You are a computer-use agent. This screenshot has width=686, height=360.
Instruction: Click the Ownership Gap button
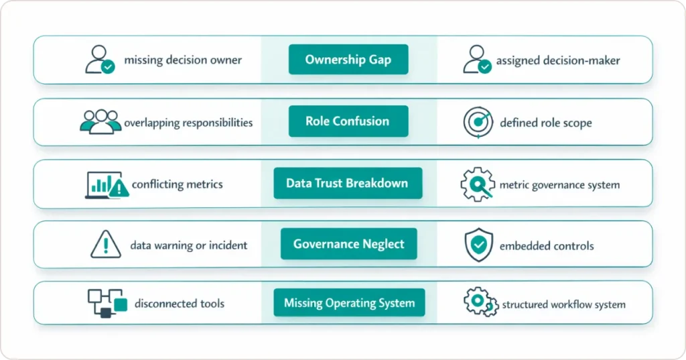(x=348, y=60)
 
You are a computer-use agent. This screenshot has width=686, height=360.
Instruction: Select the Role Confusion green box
(x=347, y=121)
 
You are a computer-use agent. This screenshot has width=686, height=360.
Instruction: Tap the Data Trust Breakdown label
(x=347, y=183)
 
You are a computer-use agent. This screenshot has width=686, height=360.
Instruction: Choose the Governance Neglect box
(x=348, y=244)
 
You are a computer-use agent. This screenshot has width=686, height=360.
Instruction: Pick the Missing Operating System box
(x=349, y=303)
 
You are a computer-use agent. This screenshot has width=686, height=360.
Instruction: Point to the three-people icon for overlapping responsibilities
(x=101, y=122)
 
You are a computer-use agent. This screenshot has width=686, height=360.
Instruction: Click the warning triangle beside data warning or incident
(x=105, y=245)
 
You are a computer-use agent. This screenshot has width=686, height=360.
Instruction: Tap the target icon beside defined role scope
(x=478, y=123)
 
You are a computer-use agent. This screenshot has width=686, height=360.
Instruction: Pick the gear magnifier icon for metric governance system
(x=478, y=184)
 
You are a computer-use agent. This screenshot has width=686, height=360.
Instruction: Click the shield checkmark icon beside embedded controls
(x=478, y=245)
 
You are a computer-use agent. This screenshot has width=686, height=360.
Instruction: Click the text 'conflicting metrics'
(x=178, y=184)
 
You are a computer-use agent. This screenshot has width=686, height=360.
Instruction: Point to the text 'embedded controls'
(x=547, y=246)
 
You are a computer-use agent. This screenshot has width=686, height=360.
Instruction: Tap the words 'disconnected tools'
(x=180, y=304)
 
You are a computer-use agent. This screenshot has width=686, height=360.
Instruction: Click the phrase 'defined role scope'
(x=546, y=123)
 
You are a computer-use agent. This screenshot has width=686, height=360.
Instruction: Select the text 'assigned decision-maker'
(x=558, y=61)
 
